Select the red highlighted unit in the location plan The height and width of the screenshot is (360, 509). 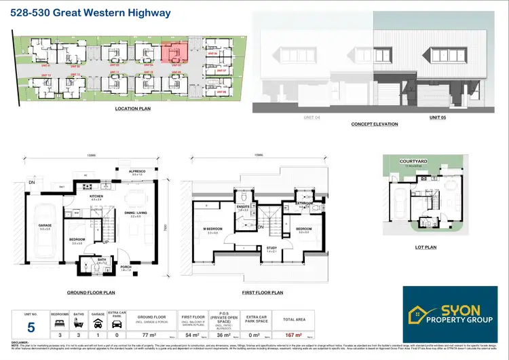(174, 52)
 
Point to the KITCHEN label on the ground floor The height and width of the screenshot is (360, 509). (97, 196)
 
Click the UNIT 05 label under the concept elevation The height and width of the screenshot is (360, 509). (438, 118)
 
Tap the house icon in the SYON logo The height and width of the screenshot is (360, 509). (420, 314)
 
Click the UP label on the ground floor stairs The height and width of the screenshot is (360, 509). (106, 242)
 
